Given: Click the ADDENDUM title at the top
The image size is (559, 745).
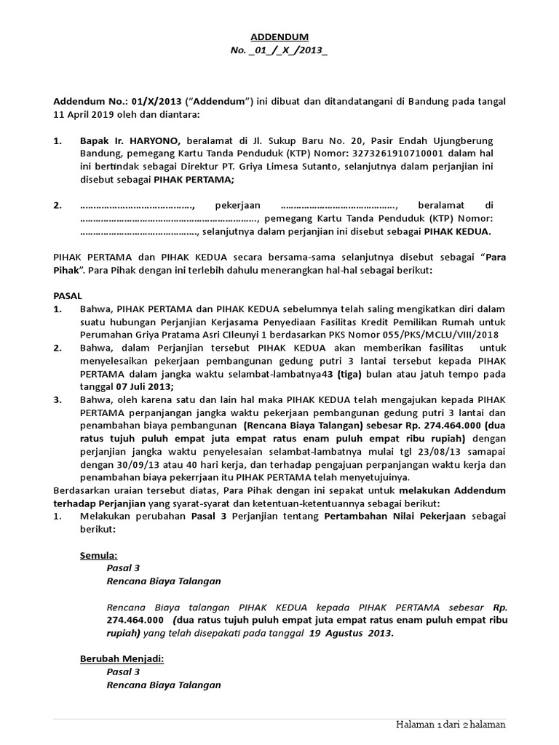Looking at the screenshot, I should (x=279, y=36).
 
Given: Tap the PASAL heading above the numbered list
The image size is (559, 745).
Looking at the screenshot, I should (x=68, y=297).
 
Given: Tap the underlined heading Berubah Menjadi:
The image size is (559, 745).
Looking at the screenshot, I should (x=122, y=659).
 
